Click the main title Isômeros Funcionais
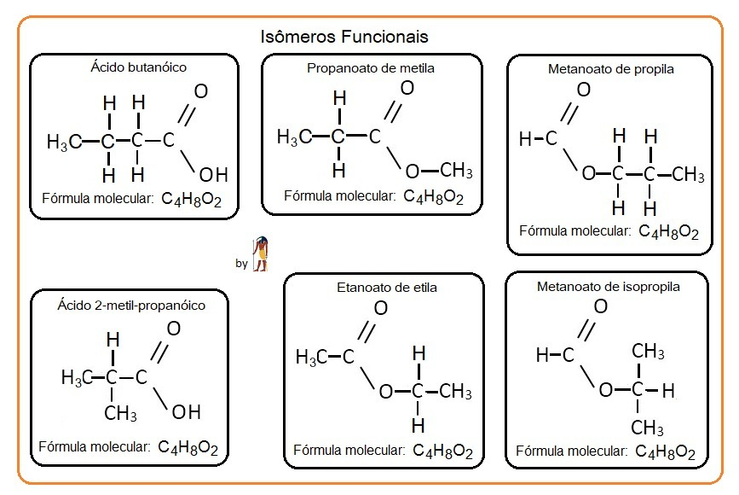(x=344, y=38)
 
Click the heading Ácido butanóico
(x=138, y=66)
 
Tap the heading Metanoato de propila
(x=610, y=69)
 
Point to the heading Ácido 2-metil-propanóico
(x=131, y=303)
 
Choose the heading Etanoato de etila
(x=387, y=288)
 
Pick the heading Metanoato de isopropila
(x=608, y=287)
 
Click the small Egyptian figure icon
(x=259, y=254)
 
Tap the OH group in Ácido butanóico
(x=213, y=175)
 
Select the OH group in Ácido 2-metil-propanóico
(x=186, y=412)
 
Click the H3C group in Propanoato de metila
(x=293, y=137)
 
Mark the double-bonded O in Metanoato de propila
(x=584, y=90)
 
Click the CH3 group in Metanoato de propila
(x=688, y=175)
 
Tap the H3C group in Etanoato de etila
(x=311, y=358)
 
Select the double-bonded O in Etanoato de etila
(x=381, y=307)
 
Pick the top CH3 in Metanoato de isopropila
(x=648, y=352)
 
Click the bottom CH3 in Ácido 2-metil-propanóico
(x=121, y=414)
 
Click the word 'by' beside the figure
(x=241, y=264)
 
